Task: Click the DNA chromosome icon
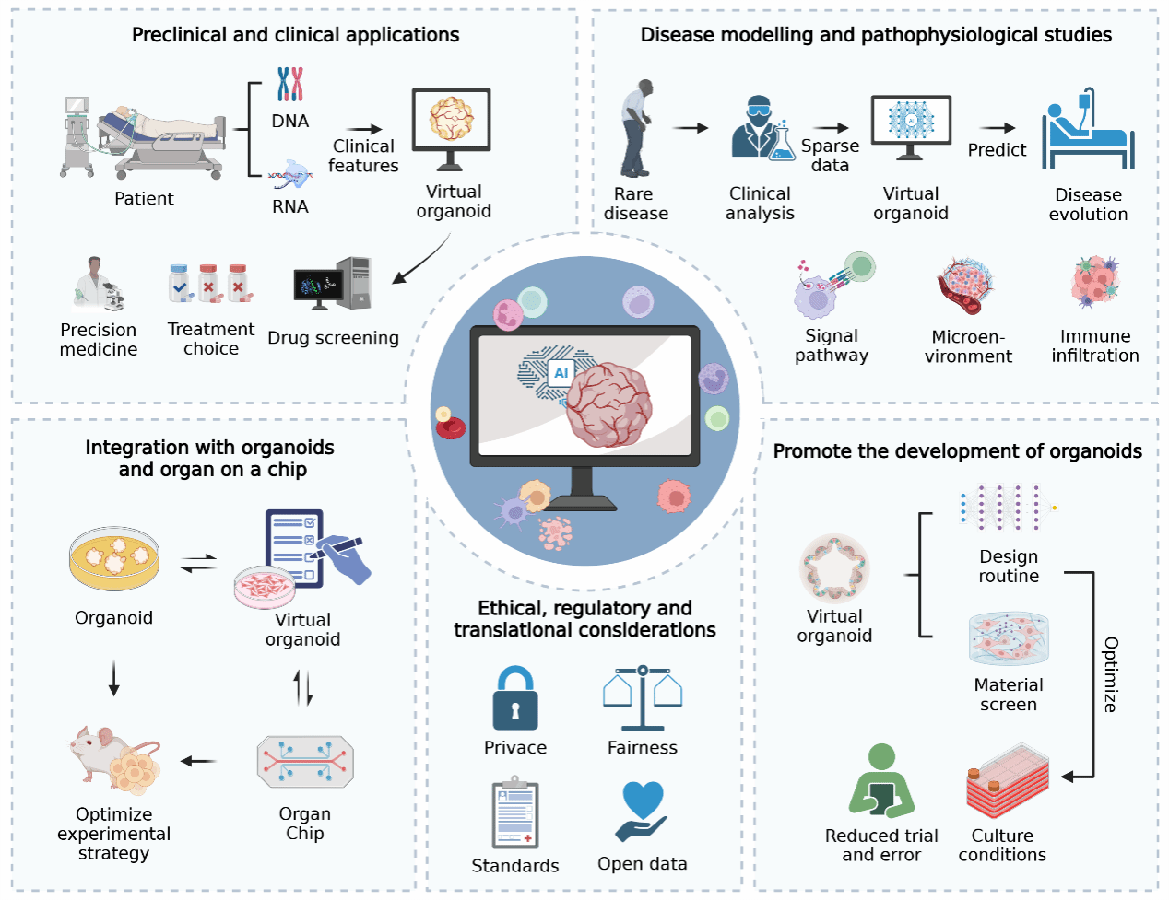tap(290, 84)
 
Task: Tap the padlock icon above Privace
tap(514, 699)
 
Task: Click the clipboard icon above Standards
tap(515, 814)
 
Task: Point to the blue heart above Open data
tap(643, 800)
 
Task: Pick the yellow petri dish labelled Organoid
tap(114, 558)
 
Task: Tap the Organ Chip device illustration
tap(305, 761)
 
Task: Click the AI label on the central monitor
tap(561, 373)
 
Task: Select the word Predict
tap(997, 150)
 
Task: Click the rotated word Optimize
tap(1111, 674)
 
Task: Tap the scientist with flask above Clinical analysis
tap(762, 130)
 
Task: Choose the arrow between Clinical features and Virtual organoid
tap(364, 130)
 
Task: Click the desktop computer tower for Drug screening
tap(355, 282)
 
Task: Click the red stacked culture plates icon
tap(1008, 782)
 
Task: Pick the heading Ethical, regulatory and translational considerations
tap(584, 619)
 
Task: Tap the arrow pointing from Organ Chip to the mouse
tap(199, 761)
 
